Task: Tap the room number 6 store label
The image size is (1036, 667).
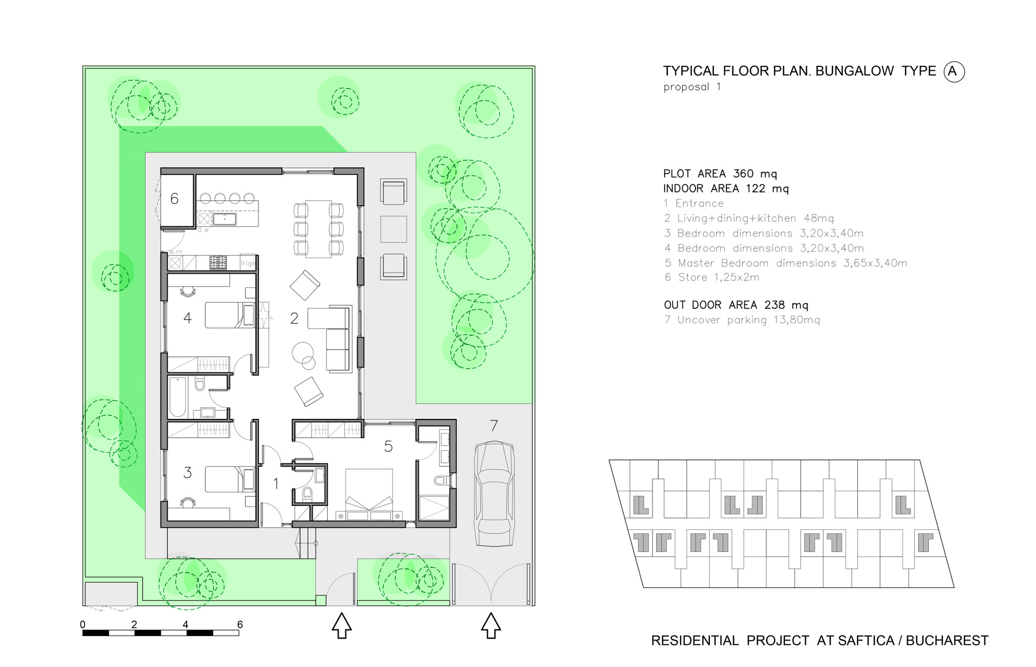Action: tap(174, 199)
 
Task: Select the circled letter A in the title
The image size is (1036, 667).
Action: tap(954, 71)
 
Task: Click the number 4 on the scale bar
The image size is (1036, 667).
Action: tap(186, 624)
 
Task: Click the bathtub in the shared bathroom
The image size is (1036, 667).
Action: tap(178, 397)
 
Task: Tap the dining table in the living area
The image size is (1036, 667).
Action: tap(319, 228)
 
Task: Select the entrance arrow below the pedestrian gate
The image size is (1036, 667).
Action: tap(341, 625)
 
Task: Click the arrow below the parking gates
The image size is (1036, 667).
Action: tap(491, 625)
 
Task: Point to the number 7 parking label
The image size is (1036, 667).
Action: tap(494, 426)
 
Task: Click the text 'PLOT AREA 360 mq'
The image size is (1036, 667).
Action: tap(720, 174)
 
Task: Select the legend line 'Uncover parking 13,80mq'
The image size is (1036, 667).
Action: tap(742, 320)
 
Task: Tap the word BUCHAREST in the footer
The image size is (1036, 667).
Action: tap(947, 641)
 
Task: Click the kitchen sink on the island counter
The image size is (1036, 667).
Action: tap(222, 219)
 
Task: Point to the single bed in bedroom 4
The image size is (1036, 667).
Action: tap(230, 315)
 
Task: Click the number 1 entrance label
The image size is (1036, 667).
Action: tap(276, 484)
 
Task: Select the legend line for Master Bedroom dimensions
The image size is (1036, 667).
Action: tap(786, 263)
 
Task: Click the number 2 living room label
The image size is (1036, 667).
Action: tap(294, 318)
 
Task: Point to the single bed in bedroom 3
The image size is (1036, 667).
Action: tap(230, 479)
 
